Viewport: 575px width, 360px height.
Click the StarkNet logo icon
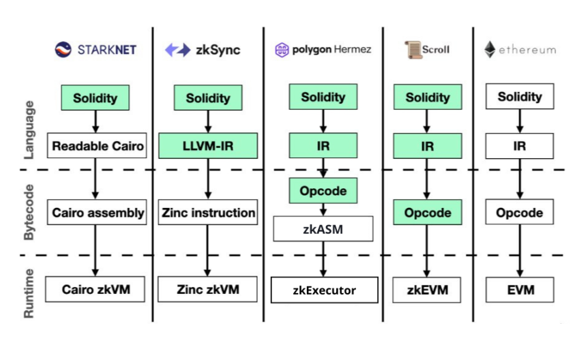pyautogui.click(x=63, y=49)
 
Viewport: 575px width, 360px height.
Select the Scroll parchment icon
pyautogui.click(x=412, y=49)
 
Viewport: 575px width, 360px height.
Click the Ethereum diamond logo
pyautogui.click(x=490, y=49)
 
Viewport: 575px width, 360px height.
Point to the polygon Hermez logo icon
pyautogui.click(x=282, y=50)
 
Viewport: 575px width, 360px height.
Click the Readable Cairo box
pyautogui.click(x=96, y=145)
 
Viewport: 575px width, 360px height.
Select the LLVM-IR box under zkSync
pyautogui.click(x=208, y=145)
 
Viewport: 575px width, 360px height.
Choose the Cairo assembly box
pyautogui.click(x=96, y=212)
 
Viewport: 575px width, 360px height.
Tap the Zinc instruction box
pyautogui.click(x=208, y=212)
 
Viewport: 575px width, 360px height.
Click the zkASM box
pyautogui.click(x=323, y=229)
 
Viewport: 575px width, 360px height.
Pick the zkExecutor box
pyautogui.click(x=324, y=290)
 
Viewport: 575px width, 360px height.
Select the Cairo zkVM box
pyautogui.click(x=96, y=290)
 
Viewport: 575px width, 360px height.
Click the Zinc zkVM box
pyautogui.click(x=208, y=290)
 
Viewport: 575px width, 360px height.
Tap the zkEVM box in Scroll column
pyautogui.click(x=428, y=290)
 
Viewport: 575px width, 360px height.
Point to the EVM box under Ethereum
pyautogui.click(x=520, y=290)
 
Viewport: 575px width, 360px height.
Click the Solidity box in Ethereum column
pyautogui.click(x=520, y=96)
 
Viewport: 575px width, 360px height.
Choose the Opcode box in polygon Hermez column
pyautogui.click(x=323, y=191)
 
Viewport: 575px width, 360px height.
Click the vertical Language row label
pyautogui.click(x=29, y=130)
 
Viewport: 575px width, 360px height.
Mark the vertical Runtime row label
pyautogui.click(x=29, y=292)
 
